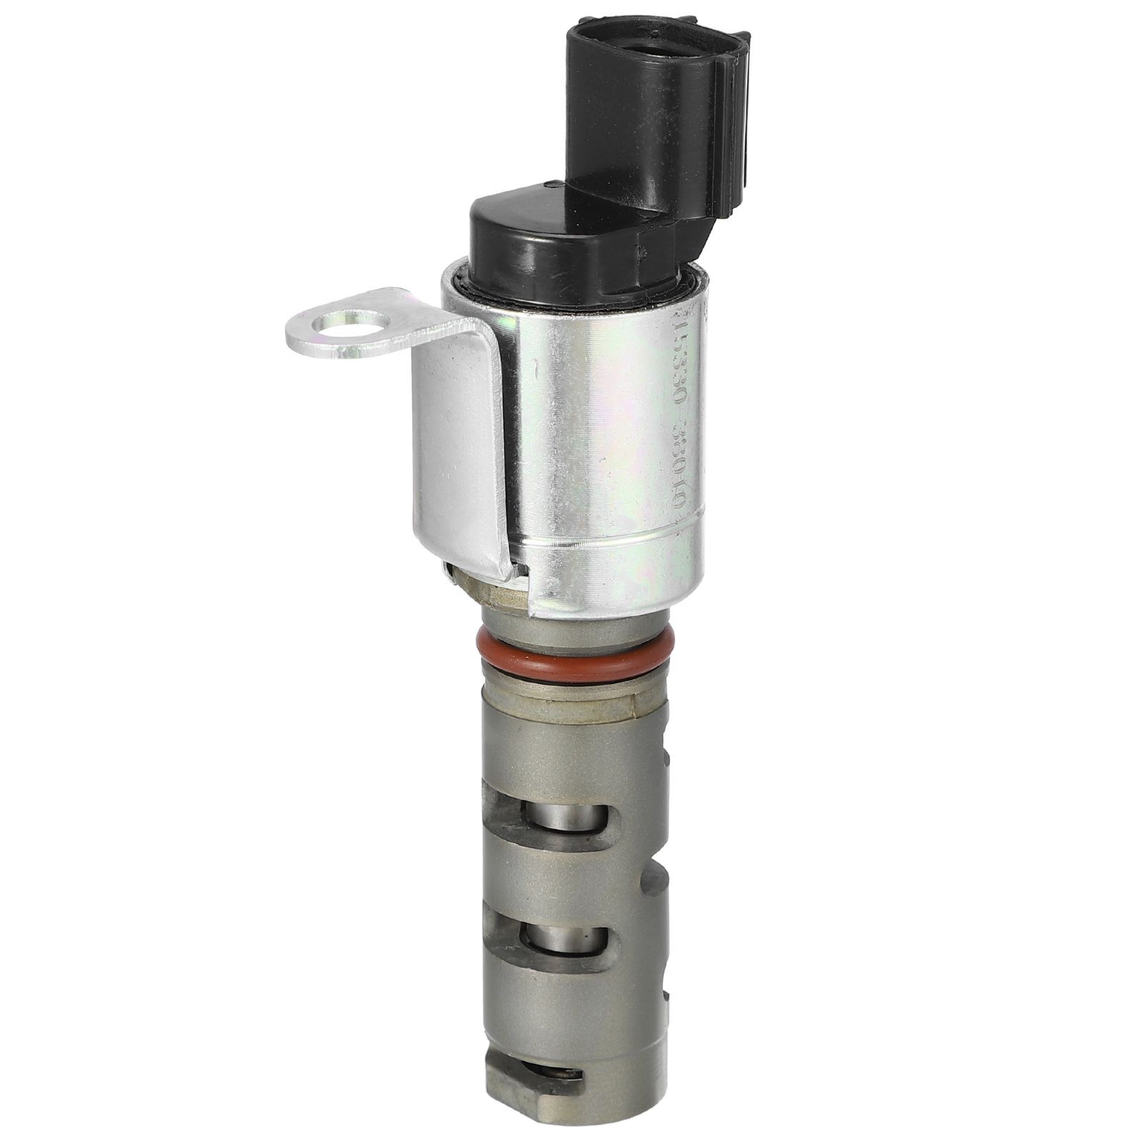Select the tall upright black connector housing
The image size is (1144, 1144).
(x=643, y=122)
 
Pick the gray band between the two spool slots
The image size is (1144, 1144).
(x=565, y=890)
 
